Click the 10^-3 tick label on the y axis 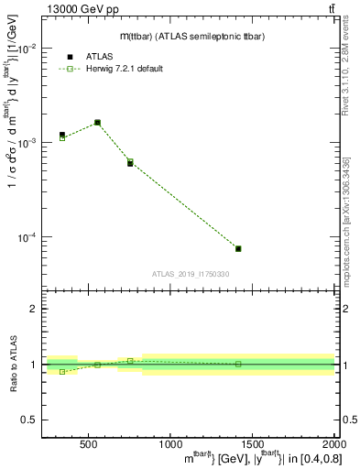click(28, 143)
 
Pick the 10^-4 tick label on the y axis click(28, 237)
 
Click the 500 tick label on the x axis click(89, 445)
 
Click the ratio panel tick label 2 click(33, 310)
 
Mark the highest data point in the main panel click(97, 122)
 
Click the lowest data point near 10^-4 click(238, 248)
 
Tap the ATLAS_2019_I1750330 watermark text click(191, 274)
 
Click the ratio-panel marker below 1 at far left click(62, 372)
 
